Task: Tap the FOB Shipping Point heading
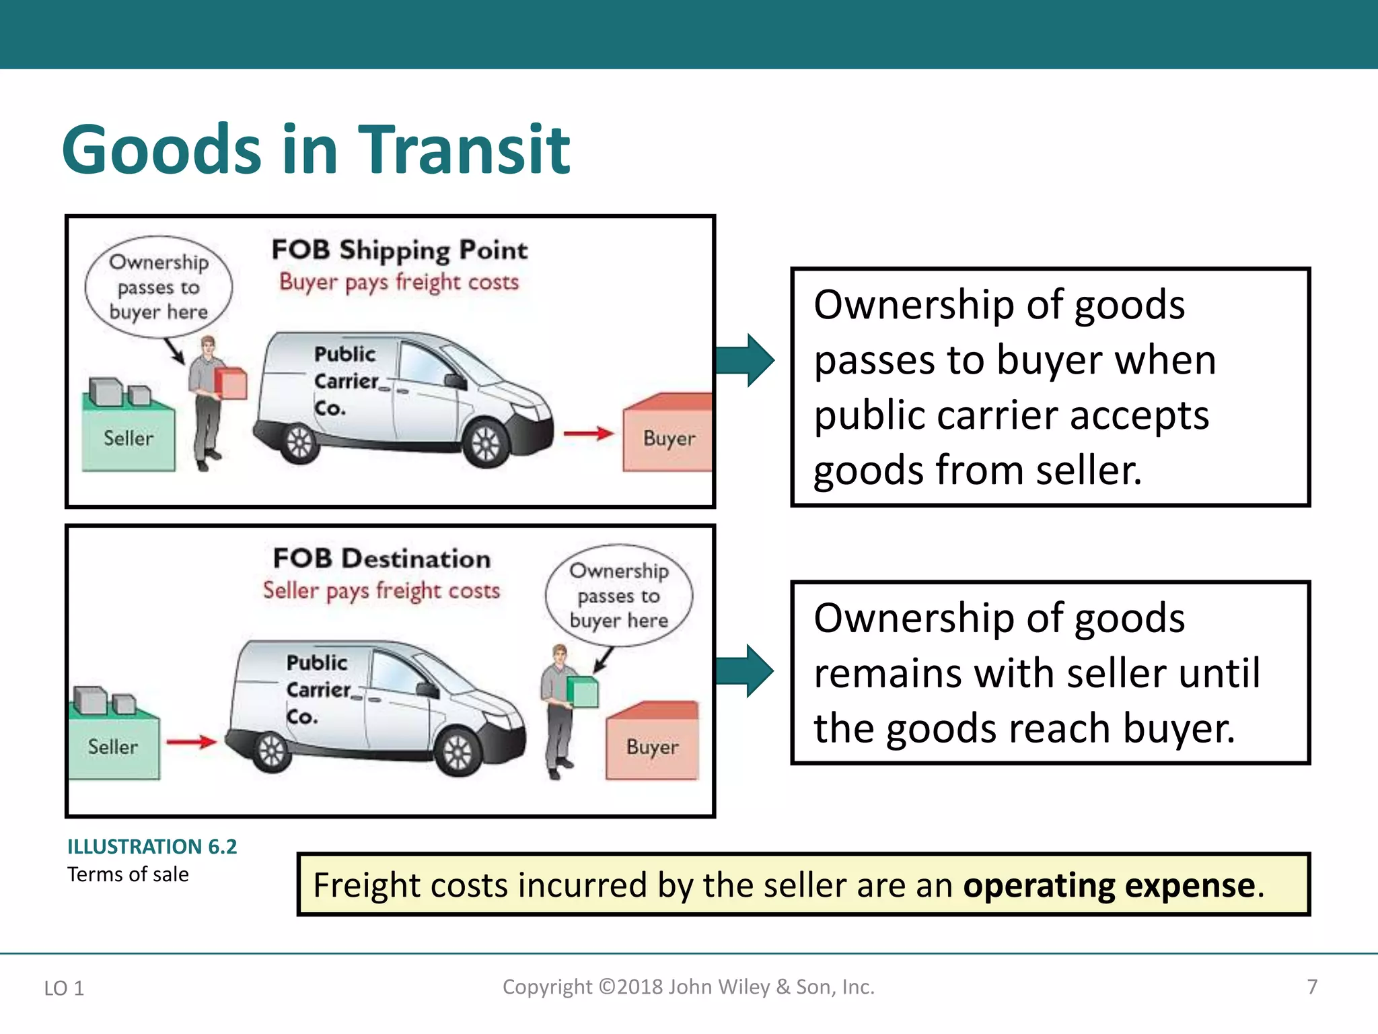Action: (x=399, y=250)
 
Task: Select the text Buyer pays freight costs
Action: (x=399, y=282)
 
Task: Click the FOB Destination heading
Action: (x=382, y=559)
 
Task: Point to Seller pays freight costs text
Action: (x=382, y=591)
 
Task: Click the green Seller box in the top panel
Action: (x=128, y=438)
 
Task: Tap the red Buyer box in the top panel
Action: (x=667, y=438)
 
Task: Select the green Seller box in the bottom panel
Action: (x=113, y=746)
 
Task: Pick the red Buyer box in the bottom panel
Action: (x=651, y=746)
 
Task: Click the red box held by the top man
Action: (x=231, y=383)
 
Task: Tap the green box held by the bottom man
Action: (x=583, y=692)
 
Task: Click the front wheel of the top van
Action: (x=486, y=445)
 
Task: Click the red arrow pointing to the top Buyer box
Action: (x=588, y=434)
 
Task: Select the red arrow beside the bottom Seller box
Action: (x=191, y=742)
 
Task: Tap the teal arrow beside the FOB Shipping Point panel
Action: (x=745, y=360)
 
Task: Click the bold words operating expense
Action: (x=1110, y=885)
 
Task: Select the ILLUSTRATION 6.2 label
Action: (x=152, y=847)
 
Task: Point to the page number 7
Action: (x=1311, y=987)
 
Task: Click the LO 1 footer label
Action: (x=64, y=988)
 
